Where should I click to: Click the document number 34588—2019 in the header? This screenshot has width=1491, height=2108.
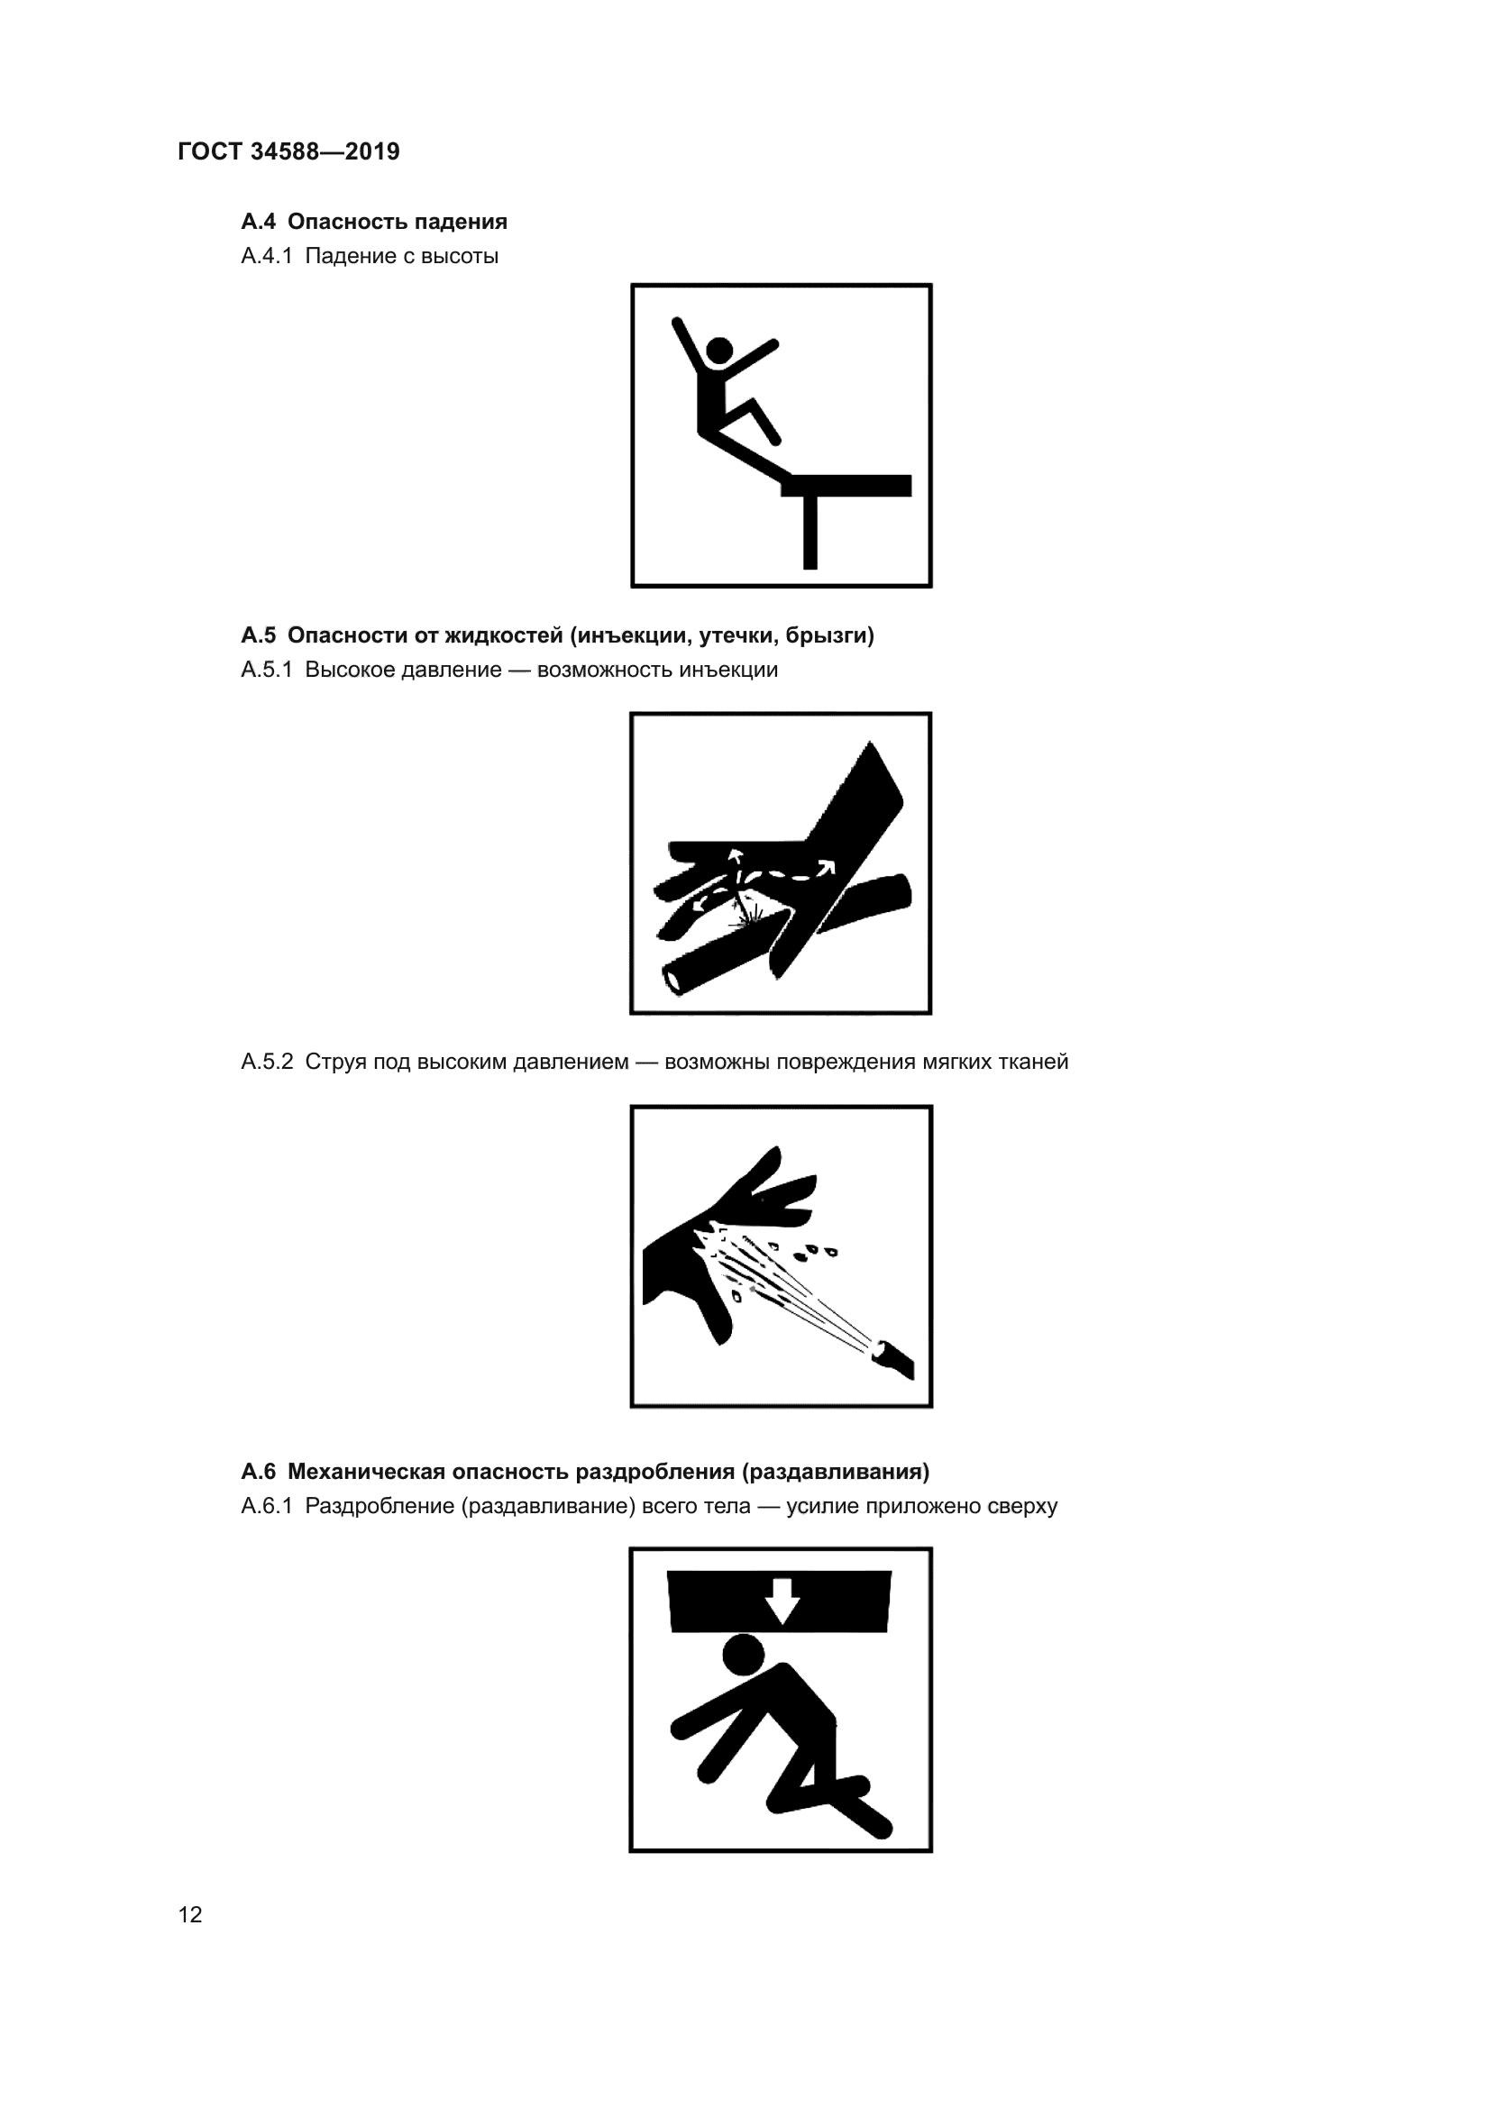point(325,151)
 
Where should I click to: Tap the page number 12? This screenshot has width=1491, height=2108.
point(190,1914)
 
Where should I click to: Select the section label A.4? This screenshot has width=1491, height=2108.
point(258,222)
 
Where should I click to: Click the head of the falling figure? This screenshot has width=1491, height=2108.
point(718,350)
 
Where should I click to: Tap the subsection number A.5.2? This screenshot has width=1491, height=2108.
point(267,1063)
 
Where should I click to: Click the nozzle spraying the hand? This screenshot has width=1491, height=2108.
point(893,1358)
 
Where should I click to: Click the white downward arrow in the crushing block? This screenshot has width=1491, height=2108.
point(782,1602)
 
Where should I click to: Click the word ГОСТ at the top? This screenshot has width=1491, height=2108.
point(210,151)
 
